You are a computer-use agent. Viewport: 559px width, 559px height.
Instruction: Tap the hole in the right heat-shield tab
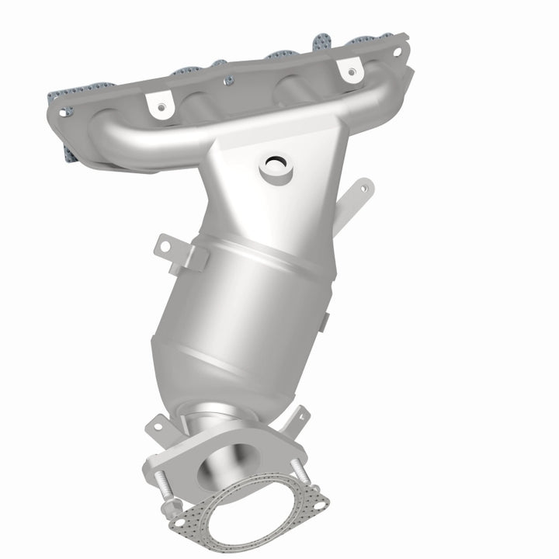[x=352, y=72]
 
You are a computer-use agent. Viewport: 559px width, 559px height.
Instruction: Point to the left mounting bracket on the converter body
[x=172, y=250]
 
